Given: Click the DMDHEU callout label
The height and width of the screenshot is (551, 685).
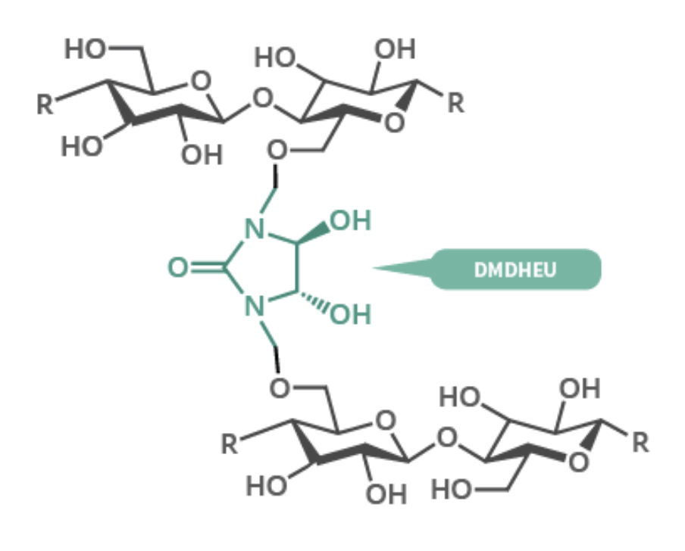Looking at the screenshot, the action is click(515, 269).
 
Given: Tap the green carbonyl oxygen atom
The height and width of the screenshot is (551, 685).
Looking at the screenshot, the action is click(178, 267).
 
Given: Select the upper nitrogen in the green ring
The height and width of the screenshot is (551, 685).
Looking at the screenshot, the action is click(255, 228).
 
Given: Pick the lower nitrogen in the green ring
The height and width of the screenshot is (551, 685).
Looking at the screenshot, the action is click(255, 306).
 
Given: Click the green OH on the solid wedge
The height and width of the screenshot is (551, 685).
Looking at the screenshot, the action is click(351, 220).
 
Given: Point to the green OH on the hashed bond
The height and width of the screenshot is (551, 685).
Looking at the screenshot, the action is click(351, 314).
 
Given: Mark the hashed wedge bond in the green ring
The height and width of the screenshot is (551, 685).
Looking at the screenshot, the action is click(312, 301).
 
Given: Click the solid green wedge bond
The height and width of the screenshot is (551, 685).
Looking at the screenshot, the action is click(313, 232).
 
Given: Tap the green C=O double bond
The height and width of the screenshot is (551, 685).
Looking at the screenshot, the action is click(208, 267).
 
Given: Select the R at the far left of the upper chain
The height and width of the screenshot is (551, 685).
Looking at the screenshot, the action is click(45, 104).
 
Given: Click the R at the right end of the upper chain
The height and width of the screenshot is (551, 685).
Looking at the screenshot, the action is click(455, 104).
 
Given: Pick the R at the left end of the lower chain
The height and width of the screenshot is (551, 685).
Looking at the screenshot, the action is click(230, 444).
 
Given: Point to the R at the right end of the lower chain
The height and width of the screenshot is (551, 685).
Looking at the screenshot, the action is click(640, 442).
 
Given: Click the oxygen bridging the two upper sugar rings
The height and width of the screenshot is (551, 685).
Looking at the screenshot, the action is click(262, 98).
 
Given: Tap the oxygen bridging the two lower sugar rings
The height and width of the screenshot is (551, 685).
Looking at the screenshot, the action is click(447, 437).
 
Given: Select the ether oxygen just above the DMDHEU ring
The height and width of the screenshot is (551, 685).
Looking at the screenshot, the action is click(277, 151).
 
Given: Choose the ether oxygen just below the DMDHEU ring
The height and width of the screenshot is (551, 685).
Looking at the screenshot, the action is click(280, 388).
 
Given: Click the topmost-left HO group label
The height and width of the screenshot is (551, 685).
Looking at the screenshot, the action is click(85, 48).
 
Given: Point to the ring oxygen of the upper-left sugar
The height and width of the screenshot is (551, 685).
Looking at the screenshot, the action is click(201, 81).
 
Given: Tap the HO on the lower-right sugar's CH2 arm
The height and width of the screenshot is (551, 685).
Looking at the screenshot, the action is click(452, 489).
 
